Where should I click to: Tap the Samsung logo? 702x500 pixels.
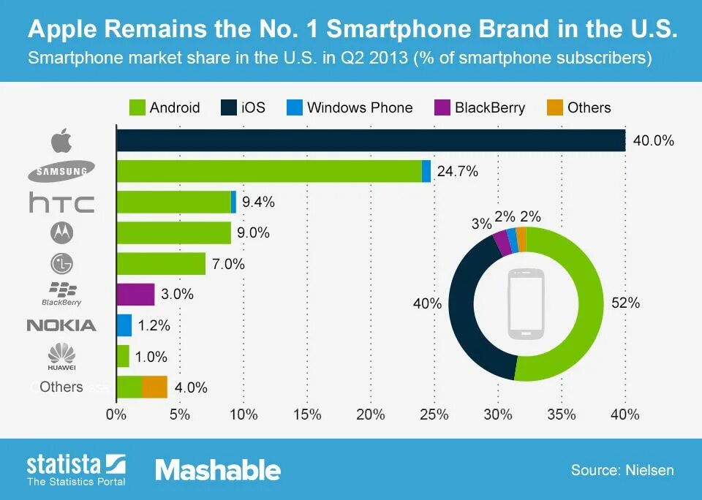[x=61, y=172]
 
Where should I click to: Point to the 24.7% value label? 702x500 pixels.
[x=457, y=172]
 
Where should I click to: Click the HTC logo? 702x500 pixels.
[x=61, y=202]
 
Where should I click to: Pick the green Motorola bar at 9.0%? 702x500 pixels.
[x=174, y=233]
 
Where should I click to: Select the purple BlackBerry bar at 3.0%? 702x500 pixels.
[x=135, y=295]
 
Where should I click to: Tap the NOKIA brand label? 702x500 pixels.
[x=61, y=325]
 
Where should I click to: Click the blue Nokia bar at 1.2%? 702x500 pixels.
[x=124, y=325]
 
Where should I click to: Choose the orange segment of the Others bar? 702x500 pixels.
[x=154, y=387]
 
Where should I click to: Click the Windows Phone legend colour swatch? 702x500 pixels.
[x=294, y=107]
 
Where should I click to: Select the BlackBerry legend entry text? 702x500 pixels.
[x=489, y=107]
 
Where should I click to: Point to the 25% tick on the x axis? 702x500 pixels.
[x=434, y=414]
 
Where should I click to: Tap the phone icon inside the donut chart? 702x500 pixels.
[x=526, y=303]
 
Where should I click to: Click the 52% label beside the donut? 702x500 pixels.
[x=626, y=303]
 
